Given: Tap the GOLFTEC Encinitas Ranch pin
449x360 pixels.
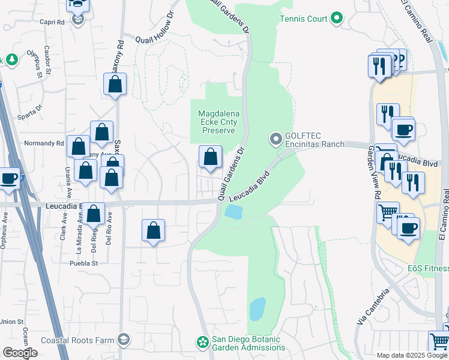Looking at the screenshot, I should click(276, 139).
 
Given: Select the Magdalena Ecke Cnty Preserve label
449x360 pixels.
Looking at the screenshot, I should click(219, 122).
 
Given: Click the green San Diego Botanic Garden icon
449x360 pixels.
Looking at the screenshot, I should click(203, 342).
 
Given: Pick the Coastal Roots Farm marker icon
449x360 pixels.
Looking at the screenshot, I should click(123, 340).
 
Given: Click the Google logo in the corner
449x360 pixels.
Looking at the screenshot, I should click(19, 352).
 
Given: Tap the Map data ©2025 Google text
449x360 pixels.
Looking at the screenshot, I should click(411, 355).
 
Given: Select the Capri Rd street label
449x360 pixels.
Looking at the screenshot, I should click(52, 22).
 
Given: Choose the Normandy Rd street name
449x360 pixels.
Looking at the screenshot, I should click(43, 143).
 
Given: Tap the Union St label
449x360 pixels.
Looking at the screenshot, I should click(11, 322).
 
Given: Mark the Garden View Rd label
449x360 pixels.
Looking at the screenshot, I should click(370, 175).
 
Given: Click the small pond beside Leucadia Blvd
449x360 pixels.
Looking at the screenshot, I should click(232, 212).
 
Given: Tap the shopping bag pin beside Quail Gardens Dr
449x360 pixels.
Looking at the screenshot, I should click(210, 158).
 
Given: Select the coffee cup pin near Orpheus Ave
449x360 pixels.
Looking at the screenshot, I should click(8, 179).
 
